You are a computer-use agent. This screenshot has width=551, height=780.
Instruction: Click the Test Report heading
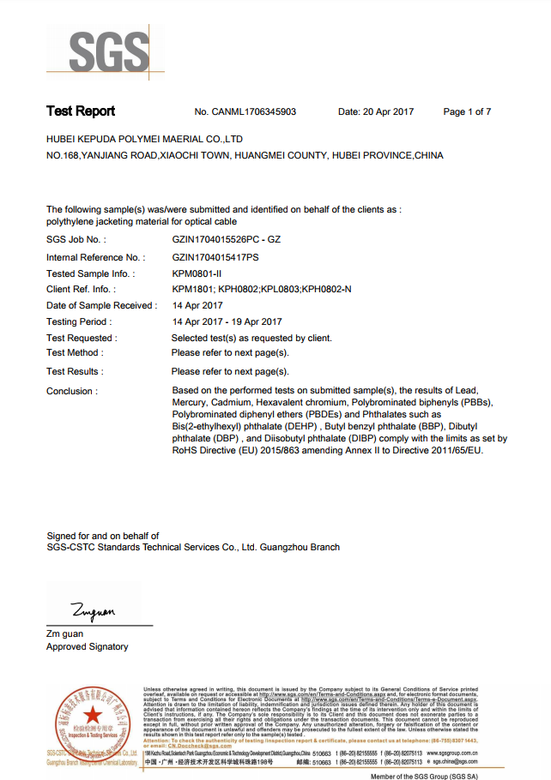click(81, 111)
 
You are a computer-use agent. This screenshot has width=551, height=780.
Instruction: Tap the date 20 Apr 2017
click(376, 112)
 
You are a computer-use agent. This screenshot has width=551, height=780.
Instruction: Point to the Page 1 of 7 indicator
click(467, 112)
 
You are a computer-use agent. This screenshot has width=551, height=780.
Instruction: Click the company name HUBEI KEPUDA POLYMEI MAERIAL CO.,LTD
click(144, 139)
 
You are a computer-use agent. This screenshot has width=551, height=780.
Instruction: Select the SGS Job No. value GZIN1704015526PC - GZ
click(226, 240)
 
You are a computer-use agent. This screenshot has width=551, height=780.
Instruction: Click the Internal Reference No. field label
click(95, 257)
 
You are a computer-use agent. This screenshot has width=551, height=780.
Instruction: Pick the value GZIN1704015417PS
click(215, 257)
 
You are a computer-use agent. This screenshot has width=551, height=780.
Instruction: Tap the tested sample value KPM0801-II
click(197, 273)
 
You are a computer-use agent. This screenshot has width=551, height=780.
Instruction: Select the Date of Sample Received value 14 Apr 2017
click(198, 306)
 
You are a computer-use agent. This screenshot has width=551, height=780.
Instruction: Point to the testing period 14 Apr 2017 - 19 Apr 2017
click(227, 322)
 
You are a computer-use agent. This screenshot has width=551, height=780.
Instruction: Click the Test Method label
click(75, 353)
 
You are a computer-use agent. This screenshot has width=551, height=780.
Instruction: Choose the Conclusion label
click(71, 392)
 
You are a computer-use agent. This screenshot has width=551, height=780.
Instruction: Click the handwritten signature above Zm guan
click(93, 611)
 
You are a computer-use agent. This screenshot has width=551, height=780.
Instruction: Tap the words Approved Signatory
click(88, 647)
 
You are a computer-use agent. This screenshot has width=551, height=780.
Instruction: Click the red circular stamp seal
click(92, 720)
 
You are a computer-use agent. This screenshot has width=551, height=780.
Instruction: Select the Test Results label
click(75, 372)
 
